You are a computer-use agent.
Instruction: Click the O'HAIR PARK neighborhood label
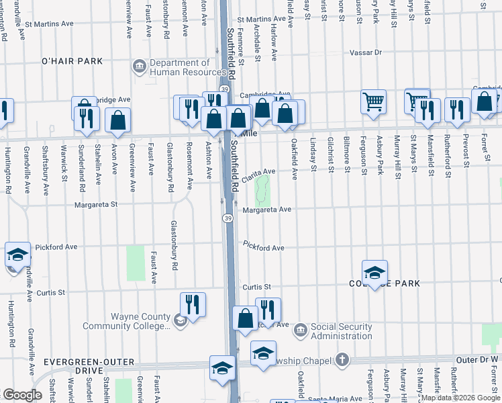click(72, 61)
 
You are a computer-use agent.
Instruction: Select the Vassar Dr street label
click(365, 52)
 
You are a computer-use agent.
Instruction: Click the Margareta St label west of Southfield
click(96, 204)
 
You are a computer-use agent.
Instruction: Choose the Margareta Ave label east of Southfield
click(266, 210)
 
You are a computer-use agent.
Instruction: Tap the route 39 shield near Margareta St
click(228, 218)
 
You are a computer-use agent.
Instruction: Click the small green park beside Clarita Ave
click(263, 189)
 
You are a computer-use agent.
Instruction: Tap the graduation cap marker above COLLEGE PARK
click(374, 272)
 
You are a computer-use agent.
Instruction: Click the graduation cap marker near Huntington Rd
click(17, 255)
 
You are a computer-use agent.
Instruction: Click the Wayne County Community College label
click(125, 322)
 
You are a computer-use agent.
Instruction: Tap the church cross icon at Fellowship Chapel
click(343, 361)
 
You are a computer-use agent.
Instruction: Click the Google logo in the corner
click(22, 394)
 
